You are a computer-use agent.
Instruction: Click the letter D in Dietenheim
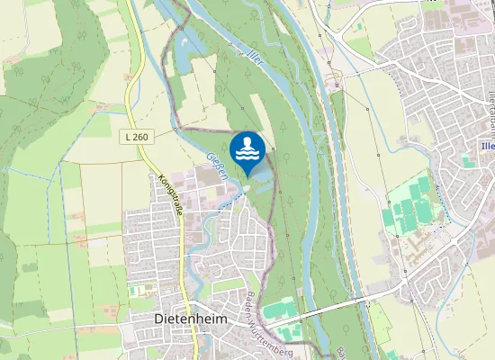pos(158,319)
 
